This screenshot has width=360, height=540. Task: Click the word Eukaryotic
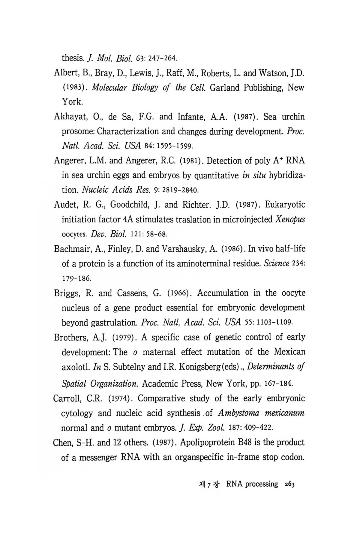click(x=285, y=205)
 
